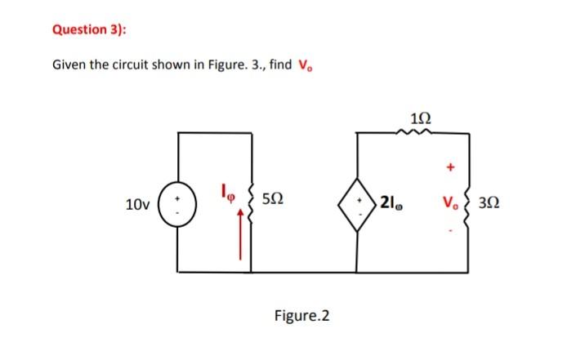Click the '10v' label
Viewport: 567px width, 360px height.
coord(137,202)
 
